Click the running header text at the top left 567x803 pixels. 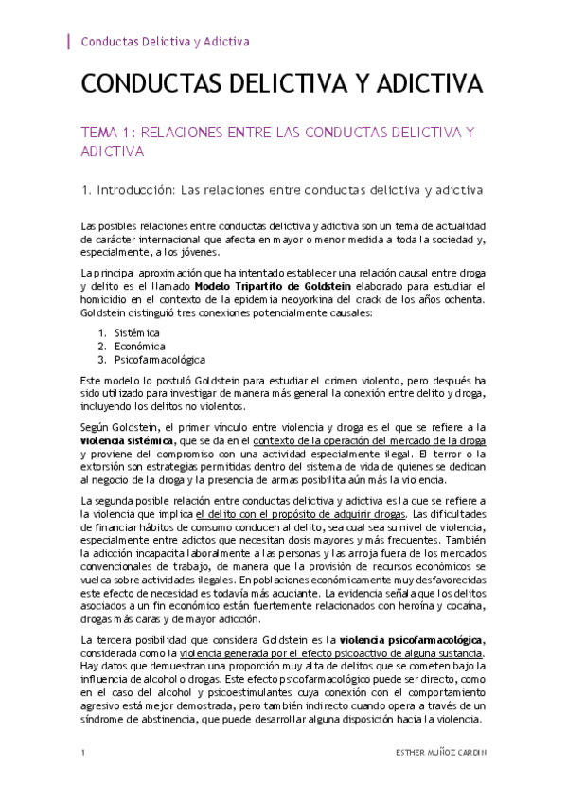(x=166, y=42)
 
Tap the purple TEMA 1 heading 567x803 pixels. (x=277, y=141)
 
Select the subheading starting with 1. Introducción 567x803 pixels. (x=283, y=191)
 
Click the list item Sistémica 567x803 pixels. (x=137, y=333)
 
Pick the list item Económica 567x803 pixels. (x=139, y=347)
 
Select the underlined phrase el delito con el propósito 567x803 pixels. (x=262, y=513)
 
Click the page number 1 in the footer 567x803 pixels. (x=84, y=753)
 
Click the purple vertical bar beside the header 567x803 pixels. (x=70, y=42)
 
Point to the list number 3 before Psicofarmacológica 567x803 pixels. (x=102, y=360)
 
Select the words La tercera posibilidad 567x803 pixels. (x=129, y=641)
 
